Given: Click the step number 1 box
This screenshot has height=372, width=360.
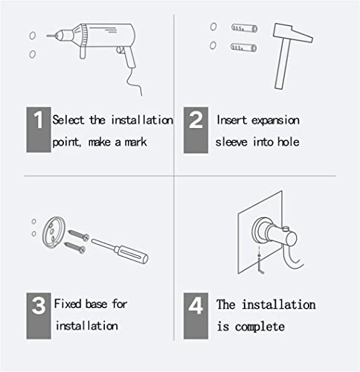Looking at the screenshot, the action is (x=39, y=129).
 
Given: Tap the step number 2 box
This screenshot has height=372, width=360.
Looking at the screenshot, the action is (x=196, y=130).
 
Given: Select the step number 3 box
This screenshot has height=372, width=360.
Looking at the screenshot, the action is (x=39, y=315).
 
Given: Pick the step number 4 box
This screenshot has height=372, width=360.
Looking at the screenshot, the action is (x=196, y=315).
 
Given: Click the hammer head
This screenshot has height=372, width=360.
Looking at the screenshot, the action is (x=292, y=33).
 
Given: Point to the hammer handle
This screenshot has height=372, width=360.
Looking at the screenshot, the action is (x=283, y=64).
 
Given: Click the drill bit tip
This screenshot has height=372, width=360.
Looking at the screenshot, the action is (x=47, y=36).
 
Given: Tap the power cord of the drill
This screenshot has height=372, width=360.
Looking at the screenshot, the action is (x=134, y=81).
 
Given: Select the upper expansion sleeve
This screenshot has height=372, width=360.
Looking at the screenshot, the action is (x=244, y=28).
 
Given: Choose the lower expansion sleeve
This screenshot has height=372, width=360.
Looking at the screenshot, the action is (x=243, y=47).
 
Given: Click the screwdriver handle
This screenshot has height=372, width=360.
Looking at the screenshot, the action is (x=132, y=254).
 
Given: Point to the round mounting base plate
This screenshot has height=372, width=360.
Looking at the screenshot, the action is (x=54, y=232).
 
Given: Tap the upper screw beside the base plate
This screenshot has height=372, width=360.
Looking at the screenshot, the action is (x=78, y=235).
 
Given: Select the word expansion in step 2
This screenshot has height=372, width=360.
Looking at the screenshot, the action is (x=275, y=121).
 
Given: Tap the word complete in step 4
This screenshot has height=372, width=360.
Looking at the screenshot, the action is (x=260, y=327).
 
